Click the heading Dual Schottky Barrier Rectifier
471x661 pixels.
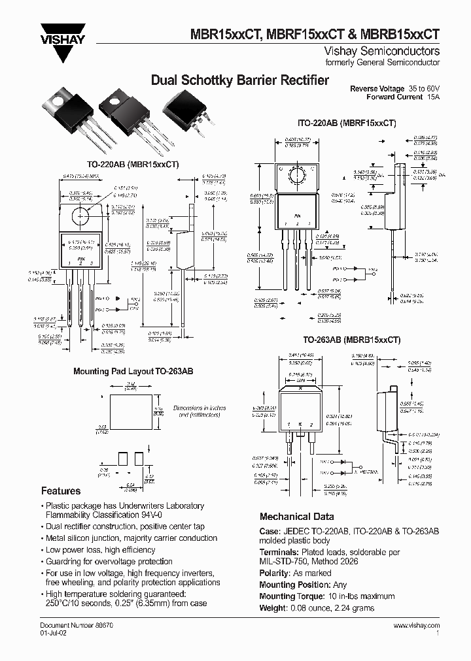coord(239,80)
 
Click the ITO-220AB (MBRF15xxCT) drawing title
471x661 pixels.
coord(346,122)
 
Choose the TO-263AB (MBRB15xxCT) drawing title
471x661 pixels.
coord(351,340)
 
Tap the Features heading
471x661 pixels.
coord(61,491)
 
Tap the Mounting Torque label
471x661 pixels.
coord(290,596)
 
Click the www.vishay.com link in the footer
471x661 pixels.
coord(416,626)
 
